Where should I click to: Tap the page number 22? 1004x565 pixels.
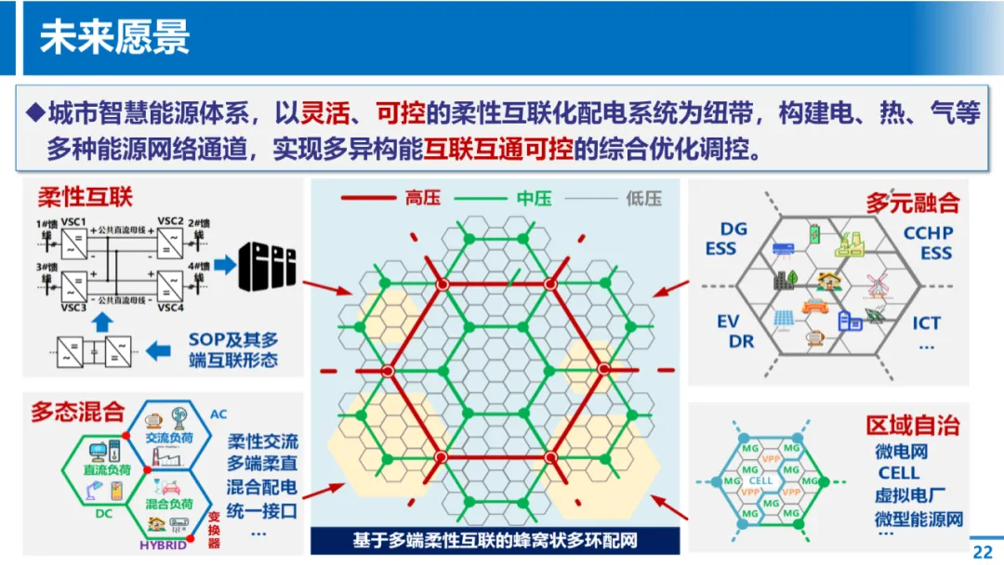coord(983,551)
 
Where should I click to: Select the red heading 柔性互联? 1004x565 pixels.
coord(85,196)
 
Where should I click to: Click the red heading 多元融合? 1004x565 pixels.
coord(912,202)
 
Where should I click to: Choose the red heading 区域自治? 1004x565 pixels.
coord(912,425)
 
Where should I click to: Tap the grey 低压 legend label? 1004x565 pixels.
coord(643,198)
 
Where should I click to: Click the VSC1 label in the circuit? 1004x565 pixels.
coord(73,221)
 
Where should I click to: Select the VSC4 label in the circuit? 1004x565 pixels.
coord(170,307)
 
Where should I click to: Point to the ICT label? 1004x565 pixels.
coord(926,322)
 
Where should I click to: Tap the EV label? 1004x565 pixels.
coord(728,322)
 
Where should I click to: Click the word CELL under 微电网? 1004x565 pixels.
coord(898,473)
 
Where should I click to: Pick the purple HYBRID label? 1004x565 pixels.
coord(163,545)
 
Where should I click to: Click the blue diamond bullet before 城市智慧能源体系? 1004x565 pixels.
coord(34,113)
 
